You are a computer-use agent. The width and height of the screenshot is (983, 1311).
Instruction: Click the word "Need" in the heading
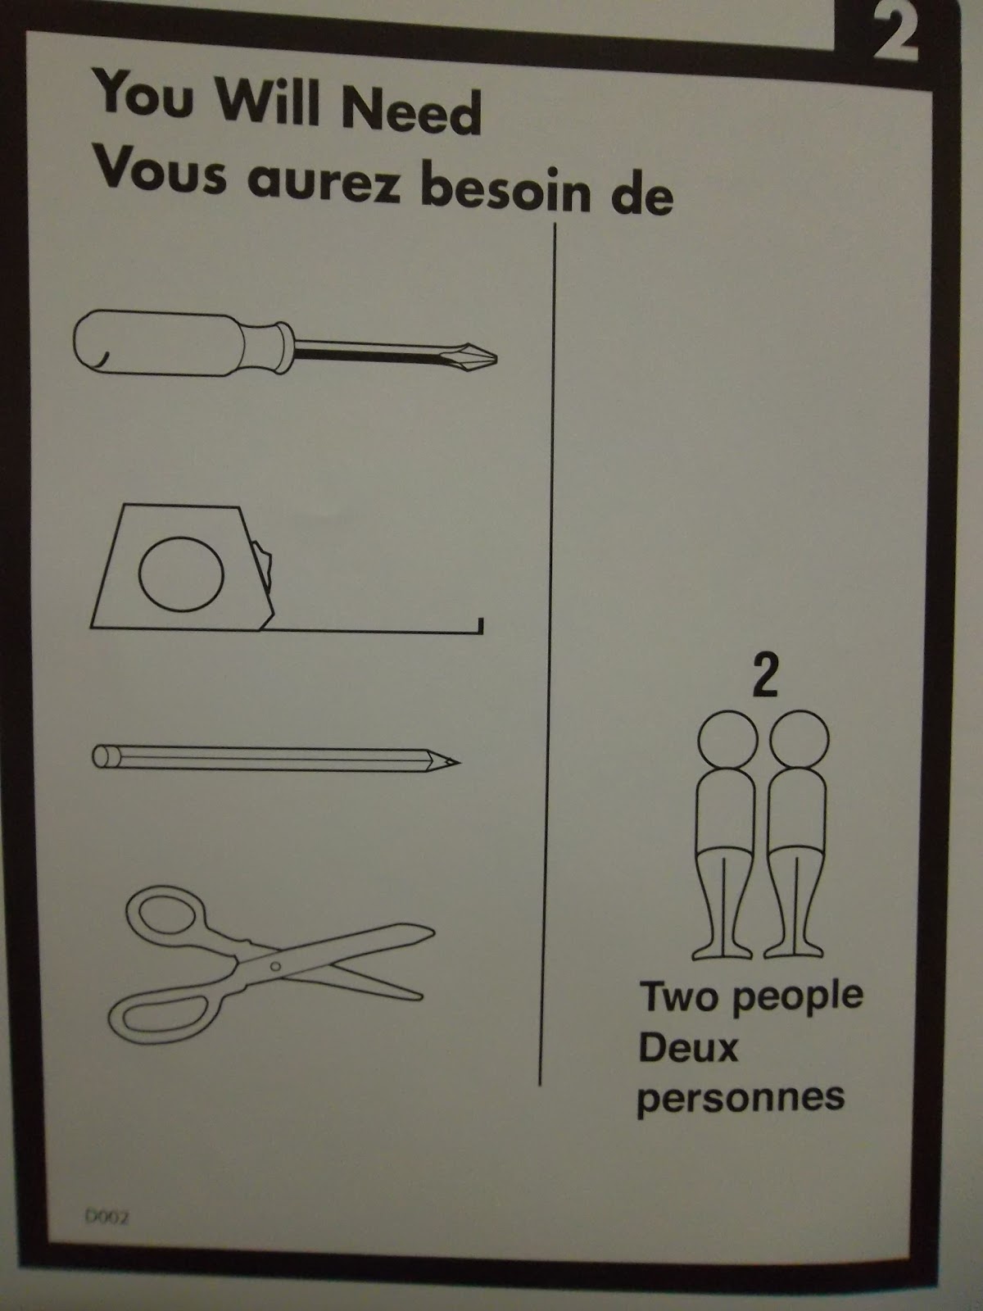[x=410, y=111]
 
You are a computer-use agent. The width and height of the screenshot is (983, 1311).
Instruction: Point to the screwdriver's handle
[x=182, y=342]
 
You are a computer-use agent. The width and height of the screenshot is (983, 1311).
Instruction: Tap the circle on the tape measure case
[x=181, y=574]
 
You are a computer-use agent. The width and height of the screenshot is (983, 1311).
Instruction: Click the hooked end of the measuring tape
[x=480, y=626]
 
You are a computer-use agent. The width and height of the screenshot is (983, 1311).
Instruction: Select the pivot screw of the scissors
[x=275, y=966]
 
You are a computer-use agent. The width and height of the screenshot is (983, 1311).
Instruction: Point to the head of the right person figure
[x=800, y=740]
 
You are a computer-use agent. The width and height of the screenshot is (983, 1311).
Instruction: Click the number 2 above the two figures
[x=766, y=675]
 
